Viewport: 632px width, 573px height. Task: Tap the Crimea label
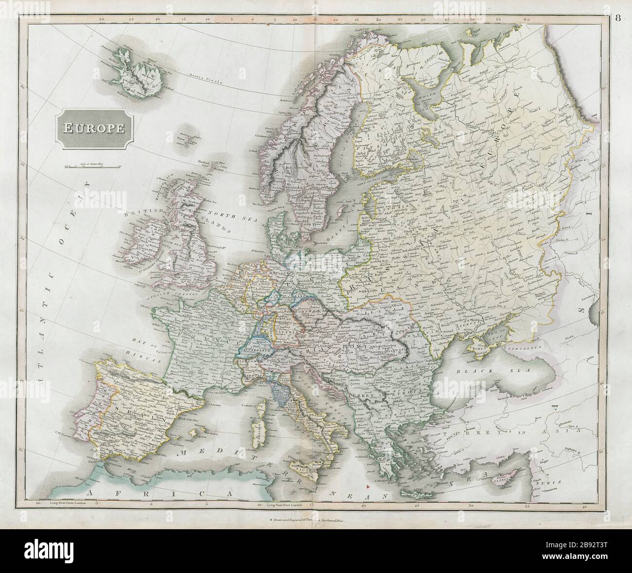coord(479,347)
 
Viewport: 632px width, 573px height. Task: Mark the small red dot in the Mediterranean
coord(371,484)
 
